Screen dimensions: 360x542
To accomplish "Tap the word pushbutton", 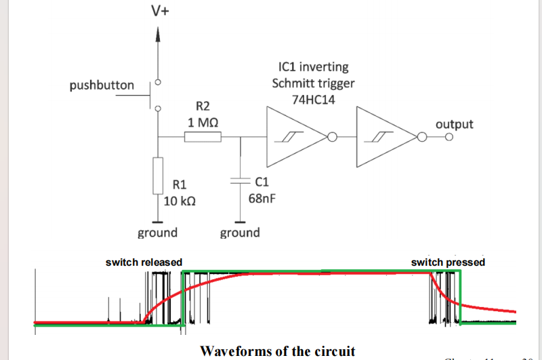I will (102, 86).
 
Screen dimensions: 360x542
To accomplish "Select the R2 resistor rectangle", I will (203, 138).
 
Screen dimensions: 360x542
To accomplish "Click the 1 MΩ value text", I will (203, 123).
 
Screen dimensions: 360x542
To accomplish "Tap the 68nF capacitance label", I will (262, 199).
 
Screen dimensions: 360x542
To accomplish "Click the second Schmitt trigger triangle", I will (383, 138).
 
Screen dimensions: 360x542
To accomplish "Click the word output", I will (454, 124).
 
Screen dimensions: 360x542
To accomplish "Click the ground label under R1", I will (158, 233).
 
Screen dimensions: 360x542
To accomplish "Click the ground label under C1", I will (240, 233).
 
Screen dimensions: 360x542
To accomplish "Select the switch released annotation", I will (144, 262).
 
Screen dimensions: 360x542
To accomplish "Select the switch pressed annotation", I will (449, 262).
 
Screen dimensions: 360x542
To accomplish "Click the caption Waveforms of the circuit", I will (278, 351).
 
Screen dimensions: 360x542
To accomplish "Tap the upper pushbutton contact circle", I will (159, 83).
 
